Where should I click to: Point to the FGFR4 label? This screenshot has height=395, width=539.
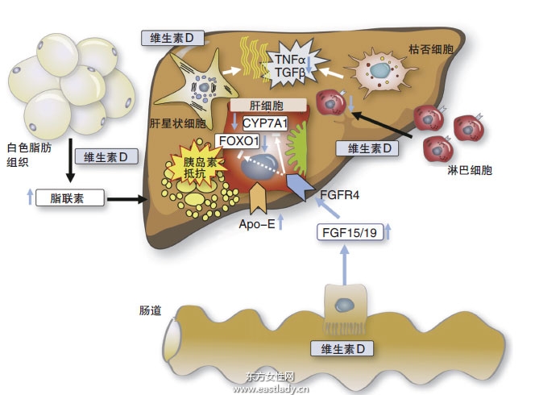333,193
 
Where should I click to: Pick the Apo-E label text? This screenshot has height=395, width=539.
257,224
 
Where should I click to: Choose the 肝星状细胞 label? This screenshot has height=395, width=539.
177,124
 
